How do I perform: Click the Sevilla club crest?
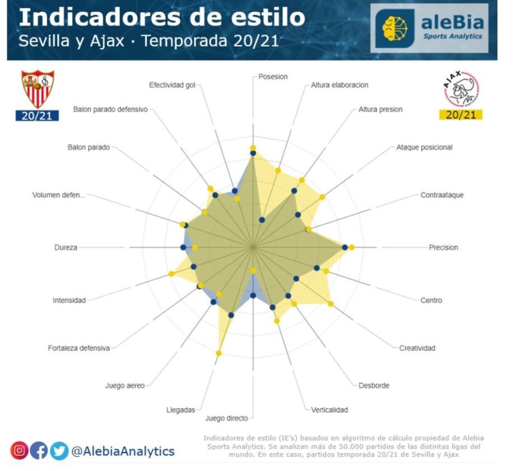click(38, 89)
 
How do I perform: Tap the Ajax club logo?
click(461, 89)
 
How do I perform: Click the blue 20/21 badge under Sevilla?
click(38, 116)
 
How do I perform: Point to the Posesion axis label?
click(273, 76)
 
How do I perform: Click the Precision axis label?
click(443, 247)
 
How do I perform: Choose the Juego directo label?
click(226, 418)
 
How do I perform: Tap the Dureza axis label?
click(66, 247)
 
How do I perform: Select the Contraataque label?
click(442, 195)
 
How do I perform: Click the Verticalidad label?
click(329, 409)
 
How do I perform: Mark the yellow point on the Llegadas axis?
click(219, 353)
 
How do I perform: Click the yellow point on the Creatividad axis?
click(331, 304)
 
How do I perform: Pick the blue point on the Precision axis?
click(345, 247)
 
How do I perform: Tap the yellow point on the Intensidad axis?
click(171, 274)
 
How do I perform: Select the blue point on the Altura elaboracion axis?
click(262, 220)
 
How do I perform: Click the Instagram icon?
click(19, 451)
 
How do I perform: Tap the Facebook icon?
click(39, 451)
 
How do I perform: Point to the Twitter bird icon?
click(58, 451)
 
